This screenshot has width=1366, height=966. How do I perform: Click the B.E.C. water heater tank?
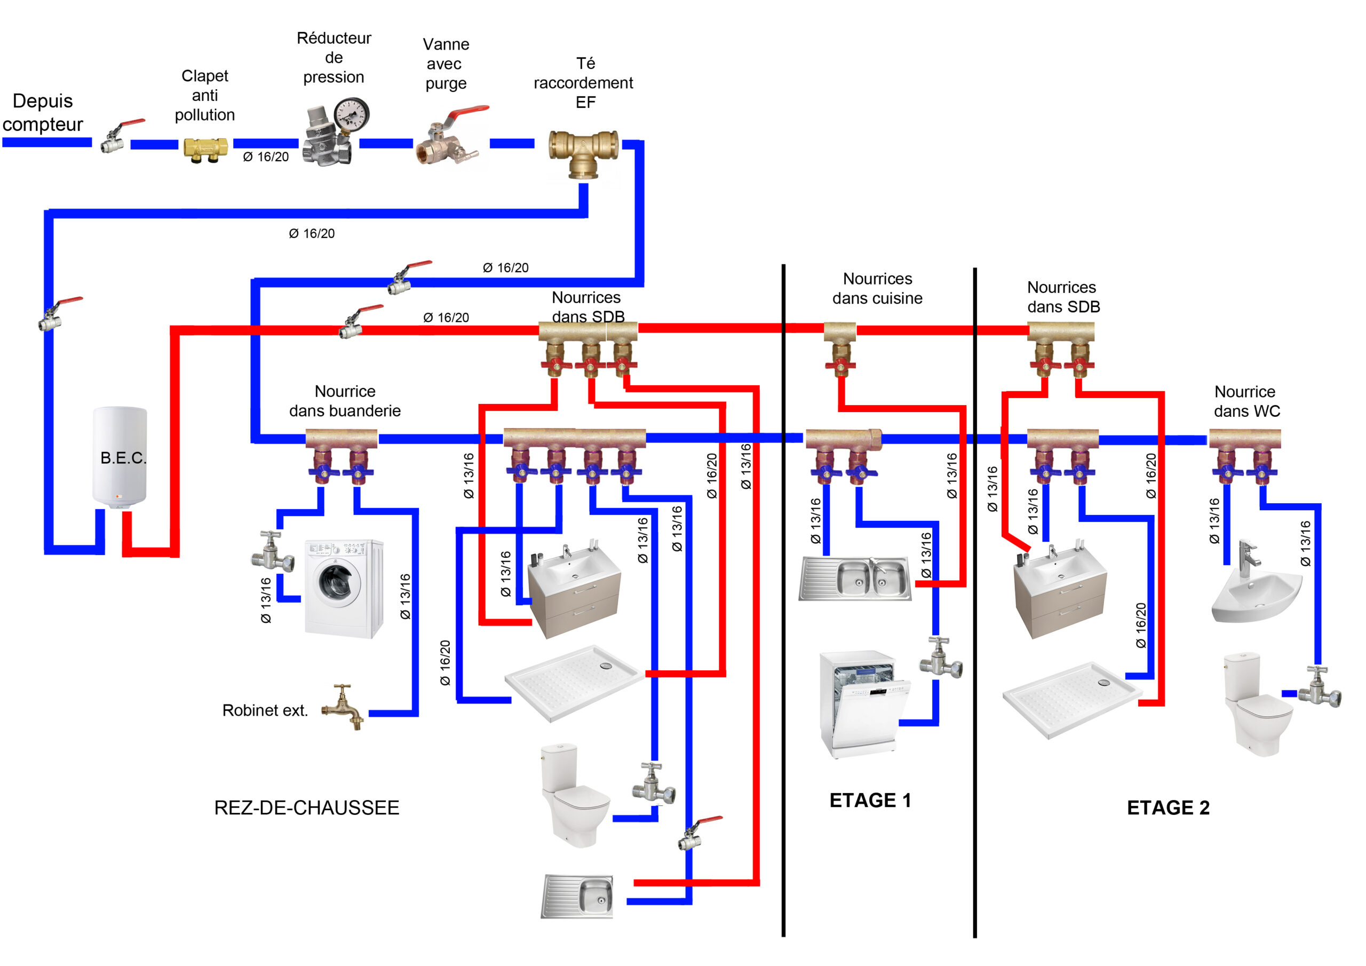pos(120,457)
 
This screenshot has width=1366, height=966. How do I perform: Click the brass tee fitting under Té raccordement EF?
pos(583,152)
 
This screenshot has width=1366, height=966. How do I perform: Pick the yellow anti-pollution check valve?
pos(205,149)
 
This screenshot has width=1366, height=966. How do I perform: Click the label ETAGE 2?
pos(1168,807)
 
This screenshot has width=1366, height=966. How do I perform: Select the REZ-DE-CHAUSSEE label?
pos(306,807)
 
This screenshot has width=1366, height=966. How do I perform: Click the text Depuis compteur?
pos(42,113)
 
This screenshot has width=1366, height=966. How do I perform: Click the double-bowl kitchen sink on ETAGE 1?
pos(855,578)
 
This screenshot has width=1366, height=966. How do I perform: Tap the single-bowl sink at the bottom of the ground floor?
pos(577,896)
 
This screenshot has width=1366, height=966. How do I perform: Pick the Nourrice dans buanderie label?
pos(345,401)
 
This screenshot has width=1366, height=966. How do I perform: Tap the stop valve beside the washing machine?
pos(273,551)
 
